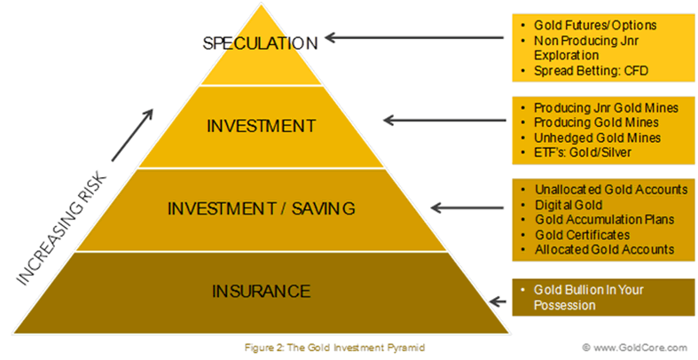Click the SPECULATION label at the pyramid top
(260, 43)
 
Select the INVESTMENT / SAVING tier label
(262, 209)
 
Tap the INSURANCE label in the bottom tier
(261, 291)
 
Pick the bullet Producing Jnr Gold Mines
(606, 107)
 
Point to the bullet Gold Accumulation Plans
(604, 220)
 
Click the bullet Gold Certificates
(581, 235)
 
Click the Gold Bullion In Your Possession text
(589, 297)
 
